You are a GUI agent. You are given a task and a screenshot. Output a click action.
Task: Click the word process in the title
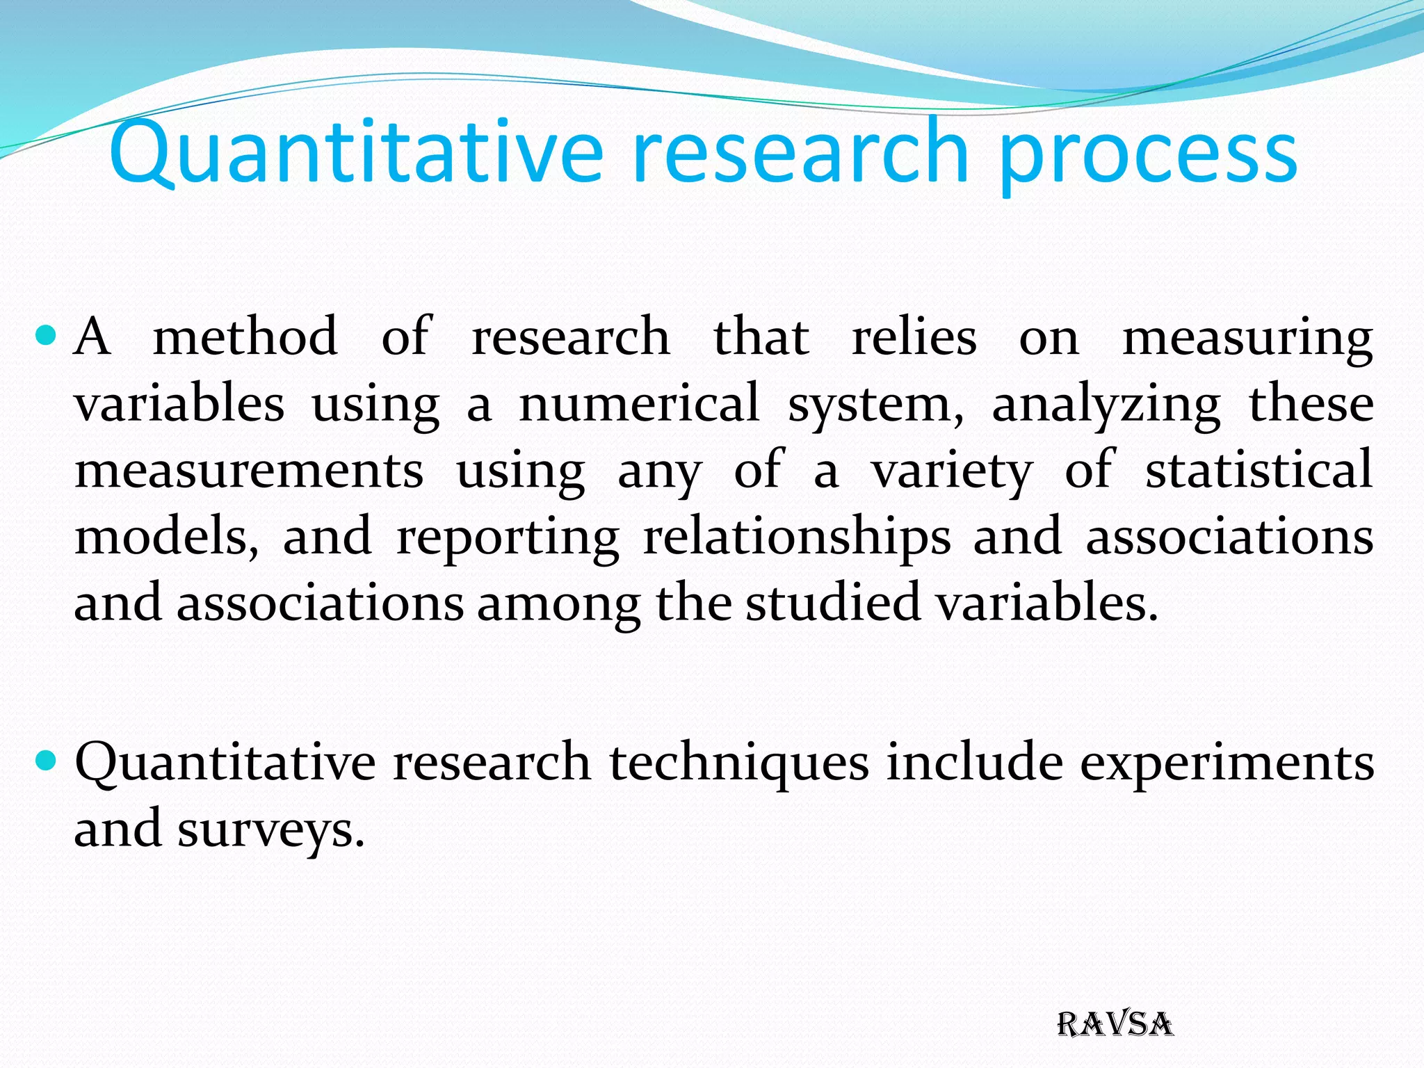coord(1147,154)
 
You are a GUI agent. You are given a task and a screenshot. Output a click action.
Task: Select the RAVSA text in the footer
coord(1115,1025)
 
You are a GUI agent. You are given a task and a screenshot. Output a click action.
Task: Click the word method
coord(245,337)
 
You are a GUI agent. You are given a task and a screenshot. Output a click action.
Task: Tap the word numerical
coord(639,403)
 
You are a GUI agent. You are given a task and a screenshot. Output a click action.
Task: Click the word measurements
coord(249,471)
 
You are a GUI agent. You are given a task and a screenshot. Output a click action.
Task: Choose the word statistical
coord(1259,469)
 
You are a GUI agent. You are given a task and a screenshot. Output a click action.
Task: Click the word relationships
coord(796,537)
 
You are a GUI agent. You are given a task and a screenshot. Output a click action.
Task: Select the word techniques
coord(739,763)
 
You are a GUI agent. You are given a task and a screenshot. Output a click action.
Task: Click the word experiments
coord(1227,763)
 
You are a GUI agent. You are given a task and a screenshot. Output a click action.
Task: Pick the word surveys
coord(270,830)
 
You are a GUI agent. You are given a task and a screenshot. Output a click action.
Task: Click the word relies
coord(914,337)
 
